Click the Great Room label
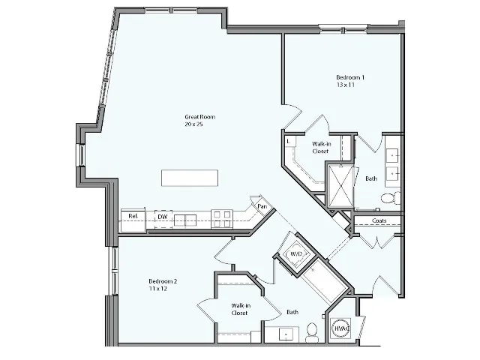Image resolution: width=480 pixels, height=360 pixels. [x=194, y=116]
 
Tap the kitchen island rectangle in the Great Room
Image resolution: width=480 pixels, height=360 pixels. [x=191, y=178]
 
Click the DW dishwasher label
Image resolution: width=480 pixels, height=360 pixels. [x=161, y=218]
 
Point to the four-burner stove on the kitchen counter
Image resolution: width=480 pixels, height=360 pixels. [x=222, y=218]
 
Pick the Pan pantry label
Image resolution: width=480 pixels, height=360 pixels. [x=262, y=206]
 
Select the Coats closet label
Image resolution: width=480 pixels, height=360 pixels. [x=379, y=221]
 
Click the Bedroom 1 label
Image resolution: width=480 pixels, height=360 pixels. [x=350, y=77]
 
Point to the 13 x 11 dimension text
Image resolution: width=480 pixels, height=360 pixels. [x=345, y=85]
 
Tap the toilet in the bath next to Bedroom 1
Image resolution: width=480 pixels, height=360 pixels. [x=388, y=199]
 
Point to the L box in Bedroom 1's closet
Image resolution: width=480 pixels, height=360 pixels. [x=289, y=141]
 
